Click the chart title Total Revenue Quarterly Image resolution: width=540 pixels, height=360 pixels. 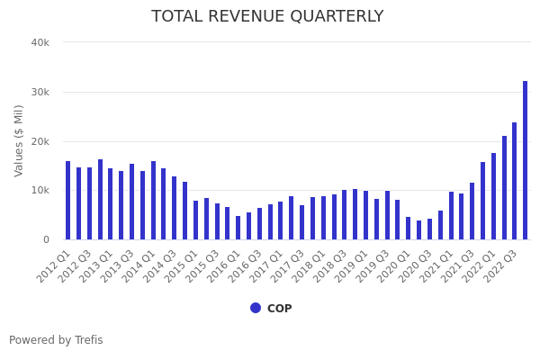coord(267,17)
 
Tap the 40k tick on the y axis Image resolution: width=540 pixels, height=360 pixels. coord(40,42)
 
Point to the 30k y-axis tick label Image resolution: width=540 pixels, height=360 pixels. coord(40,92)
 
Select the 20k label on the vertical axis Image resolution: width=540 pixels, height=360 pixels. coord(40,141)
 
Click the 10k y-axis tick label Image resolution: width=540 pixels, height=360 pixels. coord(40,191)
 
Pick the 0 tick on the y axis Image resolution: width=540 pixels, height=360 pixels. coord(45,239)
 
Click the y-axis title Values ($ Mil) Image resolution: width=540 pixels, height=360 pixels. coord(19,140)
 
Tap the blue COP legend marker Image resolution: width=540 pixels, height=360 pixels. coord(256,308)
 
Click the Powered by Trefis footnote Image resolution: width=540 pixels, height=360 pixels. coord(56,340)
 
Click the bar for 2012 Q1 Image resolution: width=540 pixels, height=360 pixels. coord(67,201)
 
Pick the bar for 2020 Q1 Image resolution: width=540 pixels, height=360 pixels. coord(408,229)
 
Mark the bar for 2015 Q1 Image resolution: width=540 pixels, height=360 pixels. coord(195,220)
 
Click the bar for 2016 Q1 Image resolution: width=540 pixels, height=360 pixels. coord(238,228)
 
